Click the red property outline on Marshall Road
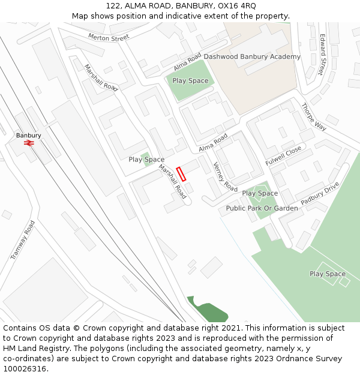coord(181,174)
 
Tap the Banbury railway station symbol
coord(28,143)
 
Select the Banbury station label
coord(29,136)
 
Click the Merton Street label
coord(109,37)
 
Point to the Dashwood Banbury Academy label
coord(252,56)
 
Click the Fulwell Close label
coord(284,156)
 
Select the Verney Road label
coord(225,177)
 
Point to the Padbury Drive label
coord(320,193)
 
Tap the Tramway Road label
coord(23,240)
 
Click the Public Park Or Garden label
coord(262,208)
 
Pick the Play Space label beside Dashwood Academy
coord(190,80)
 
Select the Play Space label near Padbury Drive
coord(328,274)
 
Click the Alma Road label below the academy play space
coord(214,142)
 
